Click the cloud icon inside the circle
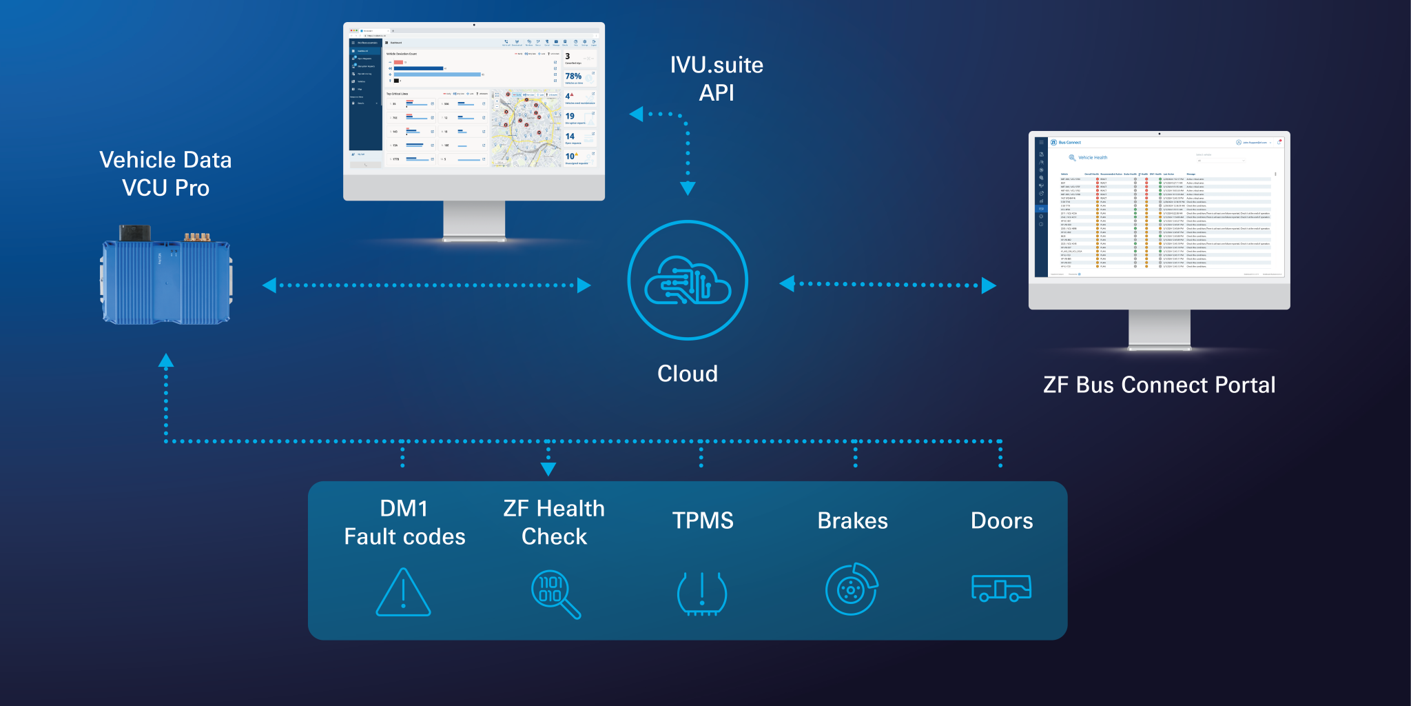(x=688, y=281)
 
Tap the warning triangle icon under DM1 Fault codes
(x=404, y=593)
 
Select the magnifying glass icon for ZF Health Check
(x=555, y=594)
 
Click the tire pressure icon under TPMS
(x=702, y=593)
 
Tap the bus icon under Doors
(x=1001, y=588)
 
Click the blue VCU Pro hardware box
(x=166, y=279)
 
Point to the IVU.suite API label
(x=717, y=79)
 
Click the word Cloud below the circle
(x=688, y=374)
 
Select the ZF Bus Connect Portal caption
(x=1159, y=385)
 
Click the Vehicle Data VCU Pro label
(x=165, y=174)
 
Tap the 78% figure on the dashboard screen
(x=573, y=77)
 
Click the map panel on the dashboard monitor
(x=526, y=130)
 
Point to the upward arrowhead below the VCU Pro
(x=166, y=360)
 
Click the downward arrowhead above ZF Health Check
(x=548, y=469)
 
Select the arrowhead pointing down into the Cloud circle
(x=688, y=188)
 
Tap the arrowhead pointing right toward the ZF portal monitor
(x=989, y=285)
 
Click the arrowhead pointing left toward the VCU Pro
(x=269, y=285)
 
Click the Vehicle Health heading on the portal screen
(x=1093, y=158)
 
